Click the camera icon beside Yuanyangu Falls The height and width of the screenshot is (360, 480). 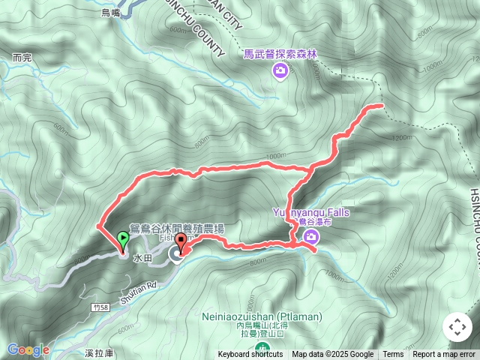[310, 238]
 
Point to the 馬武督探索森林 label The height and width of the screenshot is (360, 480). [280, 54]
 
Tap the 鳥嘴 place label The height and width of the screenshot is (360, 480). [112, 13]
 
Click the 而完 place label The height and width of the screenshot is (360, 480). [23, 57]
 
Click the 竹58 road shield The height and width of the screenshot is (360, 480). [103, 307]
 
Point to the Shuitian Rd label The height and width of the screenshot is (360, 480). [136, 286]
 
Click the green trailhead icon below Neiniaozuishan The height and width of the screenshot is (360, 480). [262, 348]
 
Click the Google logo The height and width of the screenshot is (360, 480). [28, 349]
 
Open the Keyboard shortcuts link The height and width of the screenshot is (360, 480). [250, 354]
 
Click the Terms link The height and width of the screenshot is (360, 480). [393, 354]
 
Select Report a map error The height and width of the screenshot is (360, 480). [445, 354]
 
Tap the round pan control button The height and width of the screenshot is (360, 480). [457, 327]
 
